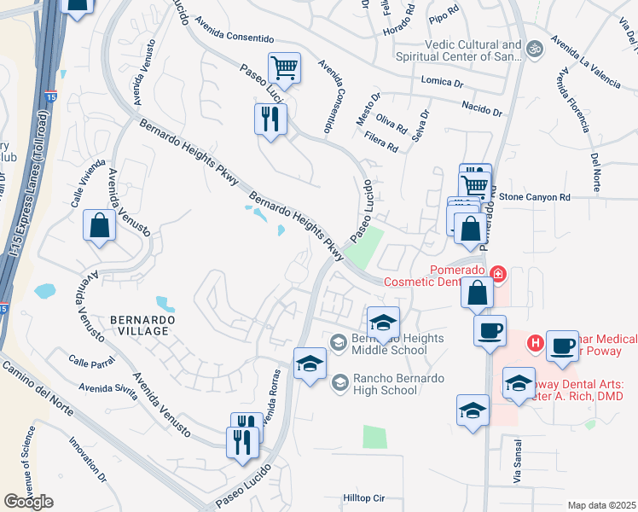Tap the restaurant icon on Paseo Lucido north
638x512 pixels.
coord(270,119)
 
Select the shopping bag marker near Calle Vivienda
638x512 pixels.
coord(100,226)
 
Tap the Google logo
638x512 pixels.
coord(28,502)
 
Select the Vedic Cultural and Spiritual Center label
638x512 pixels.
coord(461,51)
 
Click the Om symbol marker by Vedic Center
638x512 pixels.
coord(535,48)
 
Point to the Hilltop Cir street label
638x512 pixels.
coord(364,497)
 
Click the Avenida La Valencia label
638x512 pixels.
coord(585,61)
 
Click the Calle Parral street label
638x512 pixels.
coord(91,363)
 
